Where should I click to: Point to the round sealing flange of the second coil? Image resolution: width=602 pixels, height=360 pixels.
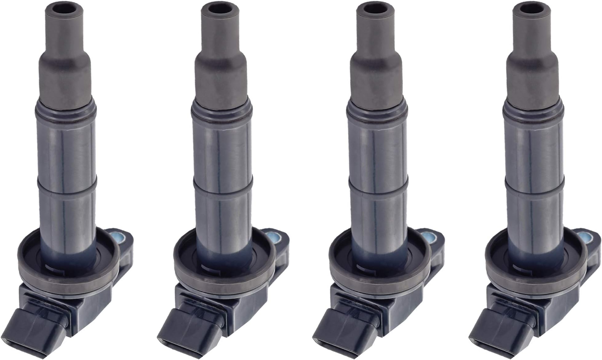[x=220, y=278]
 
